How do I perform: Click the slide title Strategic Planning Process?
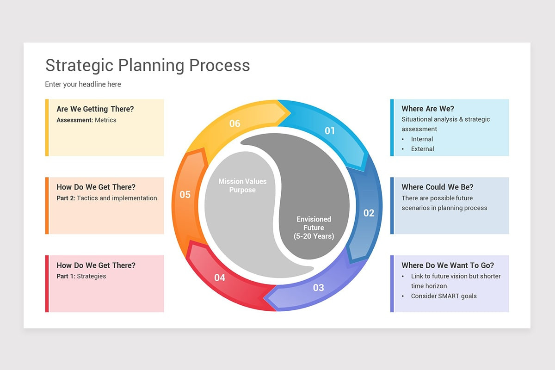coord(148,65)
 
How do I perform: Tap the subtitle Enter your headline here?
coord(83,84)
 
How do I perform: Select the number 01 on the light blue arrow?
coord(329,131)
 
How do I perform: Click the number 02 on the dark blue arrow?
coord(369,213)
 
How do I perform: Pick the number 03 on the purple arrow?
coord(318,288)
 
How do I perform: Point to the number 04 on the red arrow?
coord(220,277)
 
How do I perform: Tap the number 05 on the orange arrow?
coord(185,195)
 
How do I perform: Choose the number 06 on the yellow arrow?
coord(235,123)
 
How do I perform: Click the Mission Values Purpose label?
coord(242,185)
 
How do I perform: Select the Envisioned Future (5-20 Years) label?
coord(314,228)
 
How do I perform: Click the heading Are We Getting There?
coord(95,109)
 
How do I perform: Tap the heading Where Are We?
coord(427,109)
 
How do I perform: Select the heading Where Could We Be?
coord(437,187)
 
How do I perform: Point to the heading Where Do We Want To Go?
coord(447,265)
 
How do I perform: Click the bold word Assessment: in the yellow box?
coord(75,120)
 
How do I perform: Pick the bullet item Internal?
coord(422,139)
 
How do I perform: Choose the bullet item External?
coord(422,149)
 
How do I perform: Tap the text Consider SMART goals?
coord(444,296)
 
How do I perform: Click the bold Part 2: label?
coord(66,198)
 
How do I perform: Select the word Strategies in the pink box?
coord(92,277)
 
